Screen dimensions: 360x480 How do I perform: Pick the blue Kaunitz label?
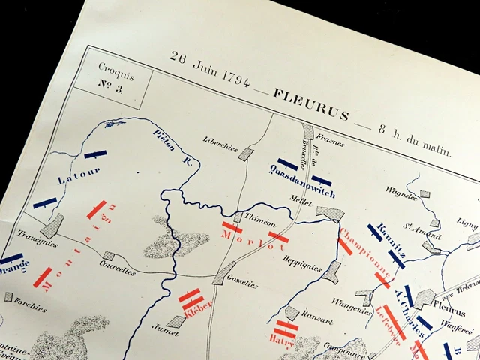pos(391,240)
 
